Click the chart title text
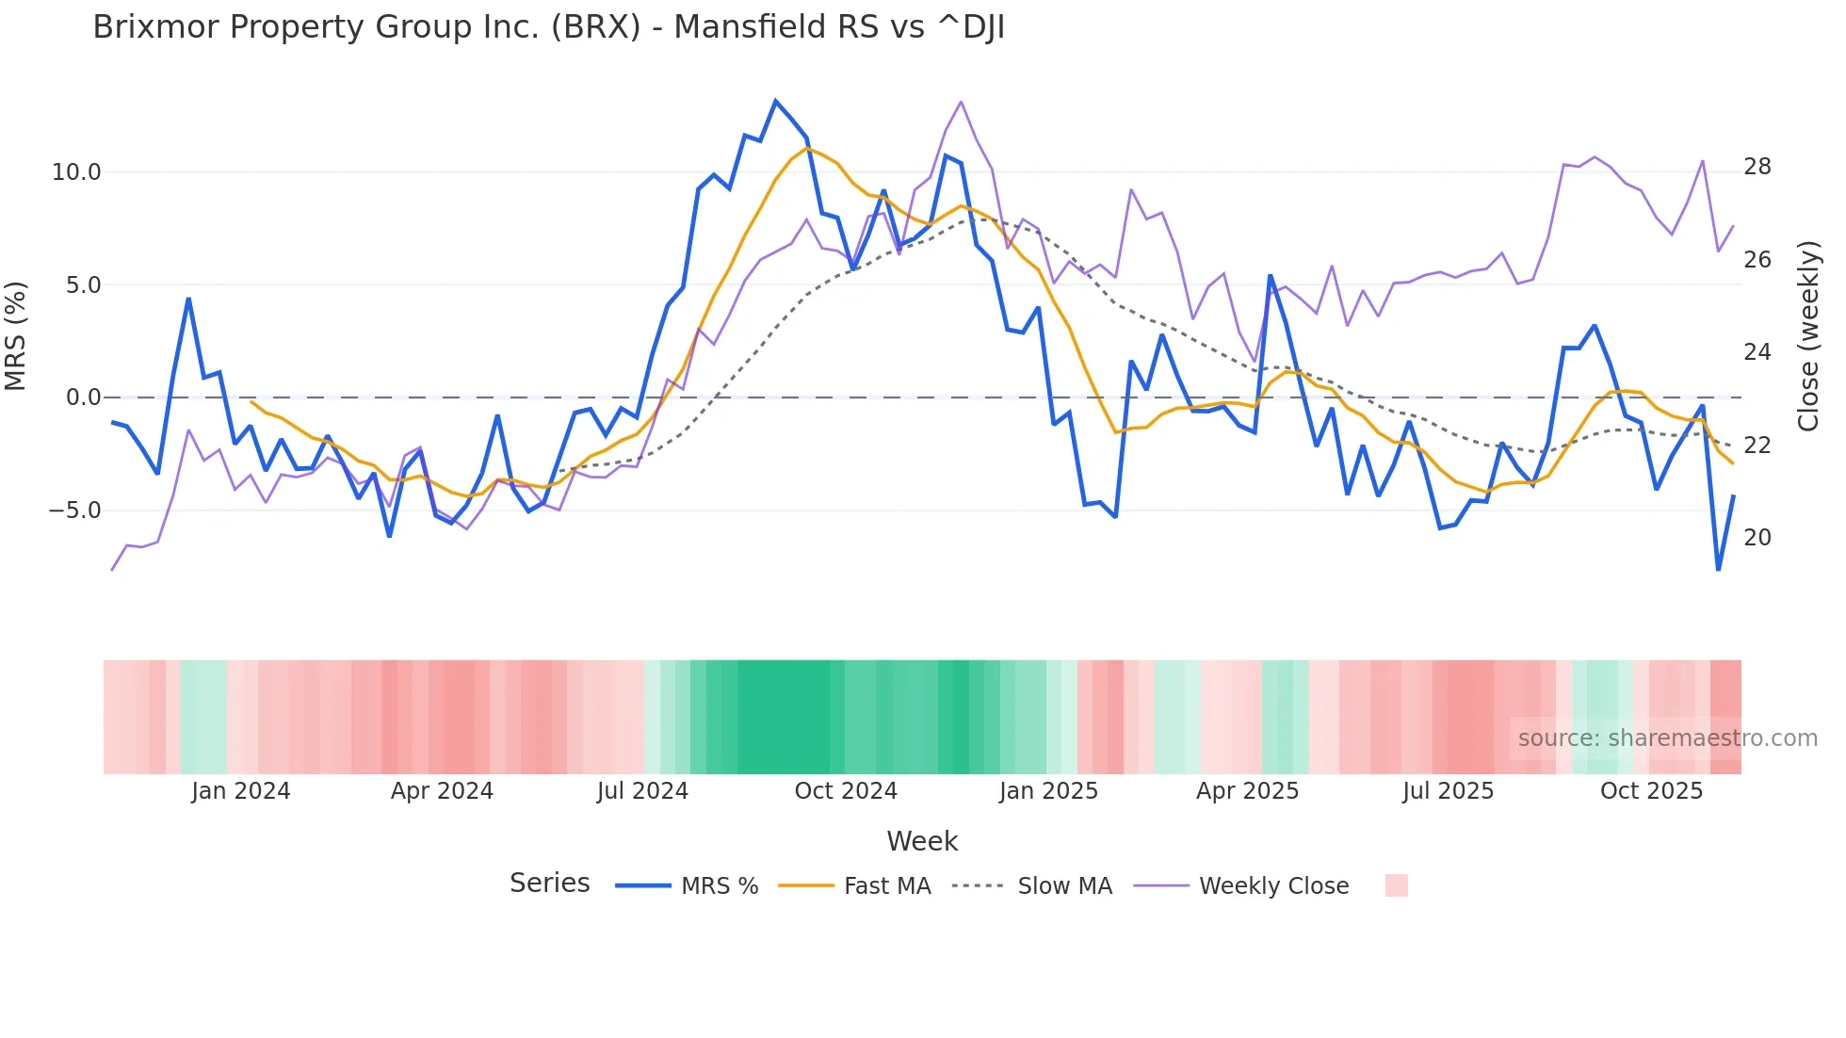(x=548, y=27)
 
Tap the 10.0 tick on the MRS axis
(x=76, y=172)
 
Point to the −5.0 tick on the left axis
(x=74, y=511)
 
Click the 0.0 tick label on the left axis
(x=83, y=397)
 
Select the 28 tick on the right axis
(x=1757, y=167)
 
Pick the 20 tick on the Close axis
(x=1757, y=538)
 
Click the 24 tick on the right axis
(x=1757, y=352)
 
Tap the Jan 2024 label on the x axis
(x=240, y=791)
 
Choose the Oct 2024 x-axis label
(x=846, y=791)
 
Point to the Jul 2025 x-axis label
(x=1448, y=791)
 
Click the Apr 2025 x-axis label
(x=1247, y=791)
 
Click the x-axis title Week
(x=922, y=841)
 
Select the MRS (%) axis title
(x=16, y=336)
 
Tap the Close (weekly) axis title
(x=1808, y=336)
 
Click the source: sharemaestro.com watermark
(x=1667, y=738)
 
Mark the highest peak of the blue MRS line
(x=775, y=101)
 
